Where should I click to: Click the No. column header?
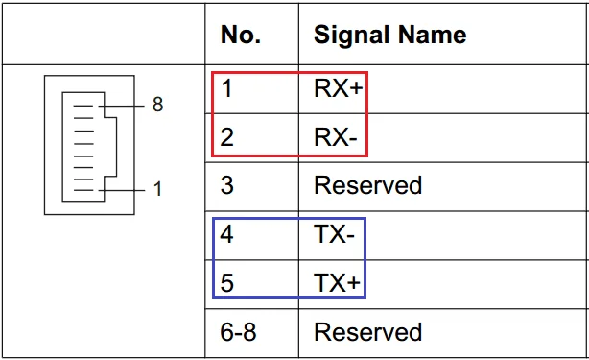(x=241, y=35)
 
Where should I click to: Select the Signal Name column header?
(x=389, y=35)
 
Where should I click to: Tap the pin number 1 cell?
(x=226, y=88)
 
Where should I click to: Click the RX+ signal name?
(x=338, y=88)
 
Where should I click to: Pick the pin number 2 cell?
(x=227, y=137)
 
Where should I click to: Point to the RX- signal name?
(x=336, y=137)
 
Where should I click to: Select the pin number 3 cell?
(x=227, y=185)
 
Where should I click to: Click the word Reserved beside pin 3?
(x=368, y=185)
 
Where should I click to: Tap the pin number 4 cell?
(x=226, y=234)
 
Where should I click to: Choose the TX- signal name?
(x=335, y=234)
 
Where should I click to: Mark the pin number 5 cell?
(x=227, y=282)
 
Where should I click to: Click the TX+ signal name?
(x=337, y=282)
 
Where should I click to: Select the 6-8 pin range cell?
(x=238, y=332)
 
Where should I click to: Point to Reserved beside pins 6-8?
(x=368, y=332)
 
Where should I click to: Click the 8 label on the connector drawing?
(x=157, y=104)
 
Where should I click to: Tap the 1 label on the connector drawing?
(x=157, y=189)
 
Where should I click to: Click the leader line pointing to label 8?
(x=121, y=106)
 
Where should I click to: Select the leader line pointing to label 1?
(x=121, y=190)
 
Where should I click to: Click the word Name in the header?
(x=432, y=35)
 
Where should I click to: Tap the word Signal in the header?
(x=352, y=36)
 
